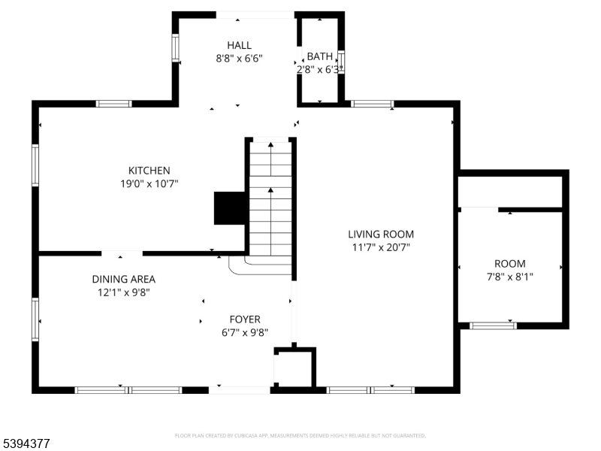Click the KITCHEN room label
click(x=149, y=171)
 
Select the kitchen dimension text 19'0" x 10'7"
click(x=149, y=183)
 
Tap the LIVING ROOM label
click(x=380, y=234)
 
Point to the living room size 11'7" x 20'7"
click(x=380, y=247)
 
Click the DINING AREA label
click(x=123, y=279)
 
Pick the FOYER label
click(x=245, y=319)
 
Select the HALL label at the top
click(x=239, y=45)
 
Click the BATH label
click(x=319, y=57)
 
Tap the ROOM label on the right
click(x=509, y=264)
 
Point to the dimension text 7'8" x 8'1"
click(x=509, y=276)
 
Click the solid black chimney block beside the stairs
click(x=230, y=208)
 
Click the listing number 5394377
click(x=26, y=444)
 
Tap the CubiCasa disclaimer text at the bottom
click(x=300, y=435)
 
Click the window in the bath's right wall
click(x=341, y=62)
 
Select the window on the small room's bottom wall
click(x=493, y=325)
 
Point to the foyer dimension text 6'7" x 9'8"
click(x=245, y=332)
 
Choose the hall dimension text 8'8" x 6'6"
click(x=239, y=58)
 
